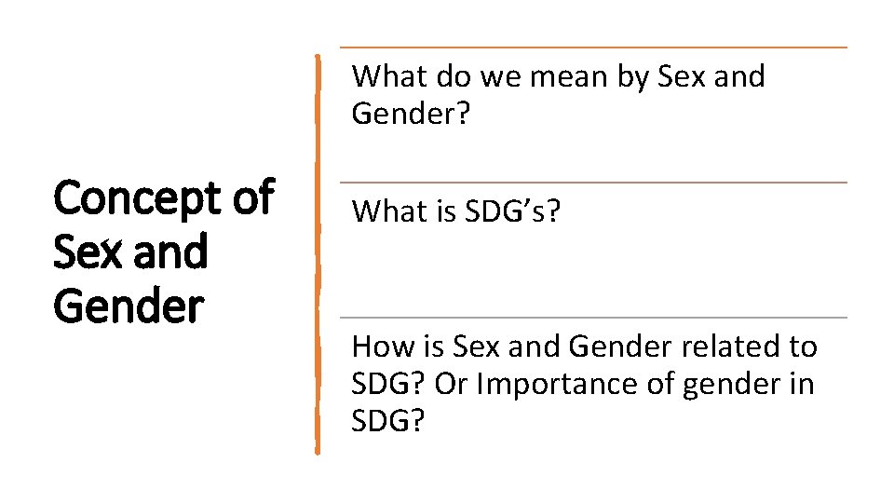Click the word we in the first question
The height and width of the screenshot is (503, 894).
coord(501,76)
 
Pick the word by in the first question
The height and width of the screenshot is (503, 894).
coord(634,76)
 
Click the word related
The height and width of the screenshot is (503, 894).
coord(730,347)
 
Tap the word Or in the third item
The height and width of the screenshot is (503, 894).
coord(451,384)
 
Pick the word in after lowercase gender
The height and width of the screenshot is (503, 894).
coord(802,384)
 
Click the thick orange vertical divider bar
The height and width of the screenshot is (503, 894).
coord(318,251)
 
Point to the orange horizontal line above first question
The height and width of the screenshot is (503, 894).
coord(594,48)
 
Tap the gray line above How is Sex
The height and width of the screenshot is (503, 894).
coord(594,318)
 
